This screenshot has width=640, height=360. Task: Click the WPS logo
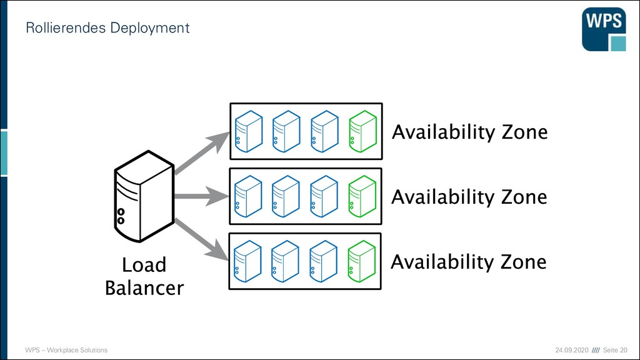click(604, 29)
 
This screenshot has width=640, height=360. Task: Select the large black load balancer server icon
click(144, 196)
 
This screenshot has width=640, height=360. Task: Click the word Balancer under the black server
click(144, 287)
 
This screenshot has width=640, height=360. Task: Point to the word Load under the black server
click(144, 265)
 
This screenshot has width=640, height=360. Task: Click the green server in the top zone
click(363, 131)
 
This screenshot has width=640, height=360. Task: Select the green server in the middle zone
click(362, 196)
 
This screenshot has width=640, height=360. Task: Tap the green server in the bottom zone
click(362, 261)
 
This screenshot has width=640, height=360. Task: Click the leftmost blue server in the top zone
click(249, 131)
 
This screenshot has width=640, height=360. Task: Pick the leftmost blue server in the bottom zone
click(247, 261)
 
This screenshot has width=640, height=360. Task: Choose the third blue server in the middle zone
click(324, 196)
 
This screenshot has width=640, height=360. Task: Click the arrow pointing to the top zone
click(202, 153)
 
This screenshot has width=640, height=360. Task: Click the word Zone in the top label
click(524, 132)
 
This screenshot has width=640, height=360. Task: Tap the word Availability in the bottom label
click(442, 262)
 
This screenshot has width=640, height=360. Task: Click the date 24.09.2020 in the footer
click(572, 350)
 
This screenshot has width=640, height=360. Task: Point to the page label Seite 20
click(615, 350)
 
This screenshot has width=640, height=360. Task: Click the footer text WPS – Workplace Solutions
click(66, 350)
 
